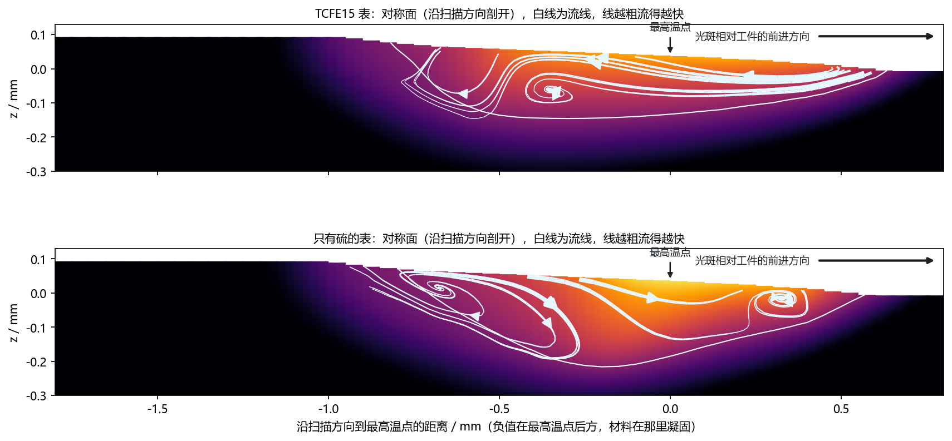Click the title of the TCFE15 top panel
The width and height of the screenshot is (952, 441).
[499, 14]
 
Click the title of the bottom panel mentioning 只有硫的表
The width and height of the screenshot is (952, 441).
[499, 239]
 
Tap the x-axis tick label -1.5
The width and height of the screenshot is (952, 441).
[157, 409]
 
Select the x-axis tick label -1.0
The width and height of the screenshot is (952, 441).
[328, 409]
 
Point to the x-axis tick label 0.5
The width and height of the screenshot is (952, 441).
[841, 409]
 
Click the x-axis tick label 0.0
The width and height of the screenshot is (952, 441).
[670, 409]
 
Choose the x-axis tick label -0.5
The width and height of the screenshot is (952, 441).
[499, 409]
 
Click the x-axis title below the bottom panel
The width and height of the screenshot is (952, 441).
[496, 427]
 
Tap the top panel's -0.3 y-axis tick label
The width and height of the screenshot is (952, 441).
[37, 172]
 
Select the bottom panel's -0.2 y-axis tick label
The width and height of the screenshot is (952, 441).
[37, 361]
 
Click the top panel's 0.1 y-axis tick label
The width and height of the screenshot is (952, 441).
[38, 35]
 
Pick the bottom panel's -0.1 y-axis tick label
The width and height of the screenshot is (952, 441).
[37, 328]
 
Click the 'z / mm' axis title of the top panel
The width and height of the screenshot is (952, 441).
[13, 98]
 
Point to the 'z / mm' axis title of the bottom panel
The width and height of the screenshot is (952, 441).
[13, 323]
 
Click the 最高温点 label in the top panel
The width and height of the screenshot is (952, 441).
[670, 28]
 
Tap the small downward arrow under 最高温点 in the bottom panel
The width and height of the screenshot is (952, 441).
[670, 270]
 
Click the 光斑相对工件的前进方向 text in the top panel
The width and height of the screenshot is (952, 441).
[752, 37]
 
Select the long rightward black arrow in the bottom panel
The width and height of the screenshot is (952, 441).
[876, 261]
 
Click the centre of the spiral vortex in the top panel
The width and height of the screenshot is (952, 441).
[552, 91]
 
